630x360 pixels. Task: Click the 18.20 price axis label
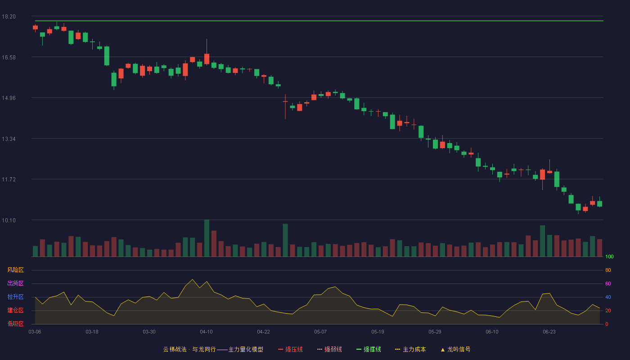(9, 17)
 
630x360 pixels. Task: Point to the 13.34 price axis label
(9, 139)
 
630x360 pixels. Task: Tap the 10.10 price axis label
(9, 220)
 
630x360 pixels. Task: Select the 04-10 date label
(206, 332)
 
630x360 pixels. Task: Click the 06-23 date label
(549, 332)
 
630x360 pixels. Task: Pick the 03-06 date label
(35, 332)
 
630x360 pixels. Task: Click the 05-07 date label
(320, 332)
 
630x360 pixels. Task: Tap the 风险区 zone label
(15, 270)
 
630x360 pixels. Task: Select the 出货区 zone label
(15, 283)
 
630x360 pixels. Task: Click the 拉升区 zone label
(15, 297)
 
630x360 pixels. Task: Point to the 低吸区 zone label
(15, 324)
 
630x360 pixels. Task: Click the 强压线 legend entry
(290, 350)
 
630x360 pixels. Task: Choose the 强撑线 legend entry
(369, 350)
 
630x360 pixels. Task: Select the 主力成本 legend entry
(410, 350)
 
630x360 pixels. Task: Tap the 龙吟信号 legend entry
(455, 350)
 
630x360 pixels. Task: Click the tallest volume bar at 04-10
(207, 238)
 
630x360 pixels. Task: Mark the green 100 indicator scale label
(609, 256)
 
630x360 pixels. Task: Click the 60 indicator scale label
(608, 283)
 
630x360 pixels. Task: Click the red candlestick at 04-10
(207, 59)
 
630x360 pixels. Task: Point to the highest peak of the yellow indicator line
(193, 279)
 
